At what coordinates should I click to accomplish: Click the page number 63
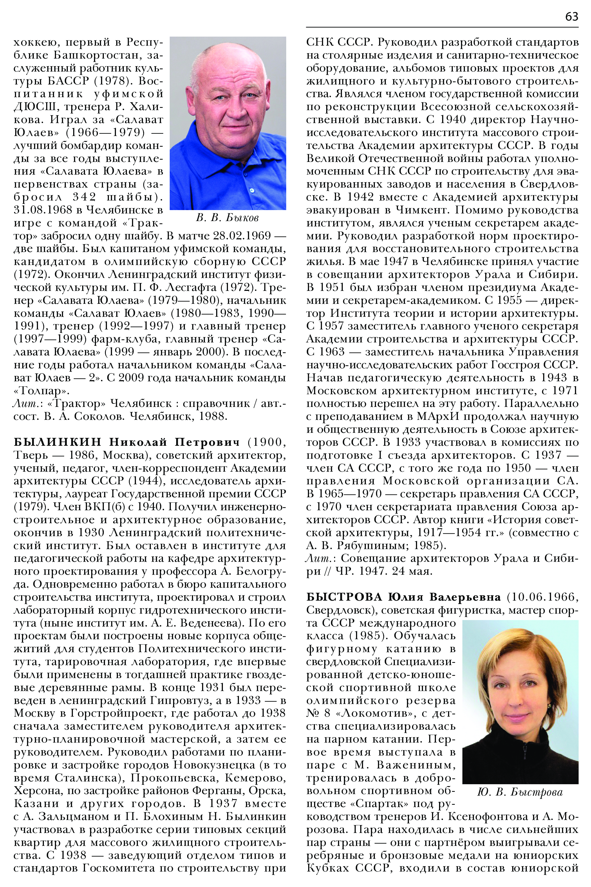click(571, 17)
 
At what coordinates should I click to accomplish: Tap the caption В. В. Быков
click(227, 218)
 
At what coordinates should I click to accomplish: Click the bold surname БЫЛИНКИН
click(58, 442)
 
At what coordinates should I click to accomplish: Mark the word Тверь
click(29, 455)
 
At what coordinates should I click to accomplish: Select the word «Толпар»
click(41, 391)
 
